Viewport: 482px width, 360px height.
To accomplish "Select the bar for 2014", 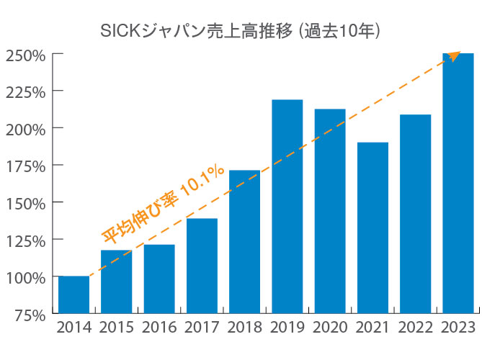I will click(x=73, y=295).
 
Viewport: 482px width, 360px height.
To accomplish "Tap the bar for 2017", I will click(x=202, y=266).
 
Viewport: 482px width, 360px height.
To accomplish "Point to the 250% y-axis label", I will click(x=26, y=55).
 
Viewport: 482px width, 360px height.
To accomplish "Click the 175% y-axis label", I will click(x=26, y=166).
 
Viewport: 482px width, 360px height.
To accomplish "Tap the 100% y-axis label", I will click(x=26, y=277).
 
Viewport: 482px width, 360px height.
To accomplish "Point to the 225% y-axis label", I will click(x=26, y=91).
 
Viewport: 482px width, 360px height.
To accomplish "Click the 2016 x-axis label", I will click(x=159, y=328).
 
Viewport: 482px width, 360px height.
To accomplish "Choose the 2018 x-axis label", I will click(x=244, y=328).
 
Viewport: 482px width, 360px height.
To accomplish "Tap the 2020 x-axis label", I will click(x=329, y=328).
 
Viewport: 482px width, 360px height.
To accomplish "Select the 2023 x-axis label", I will click(x=458, y=328).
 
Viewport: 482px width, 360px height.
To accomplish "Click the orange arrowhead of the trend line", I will click(x=454, y=55).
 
